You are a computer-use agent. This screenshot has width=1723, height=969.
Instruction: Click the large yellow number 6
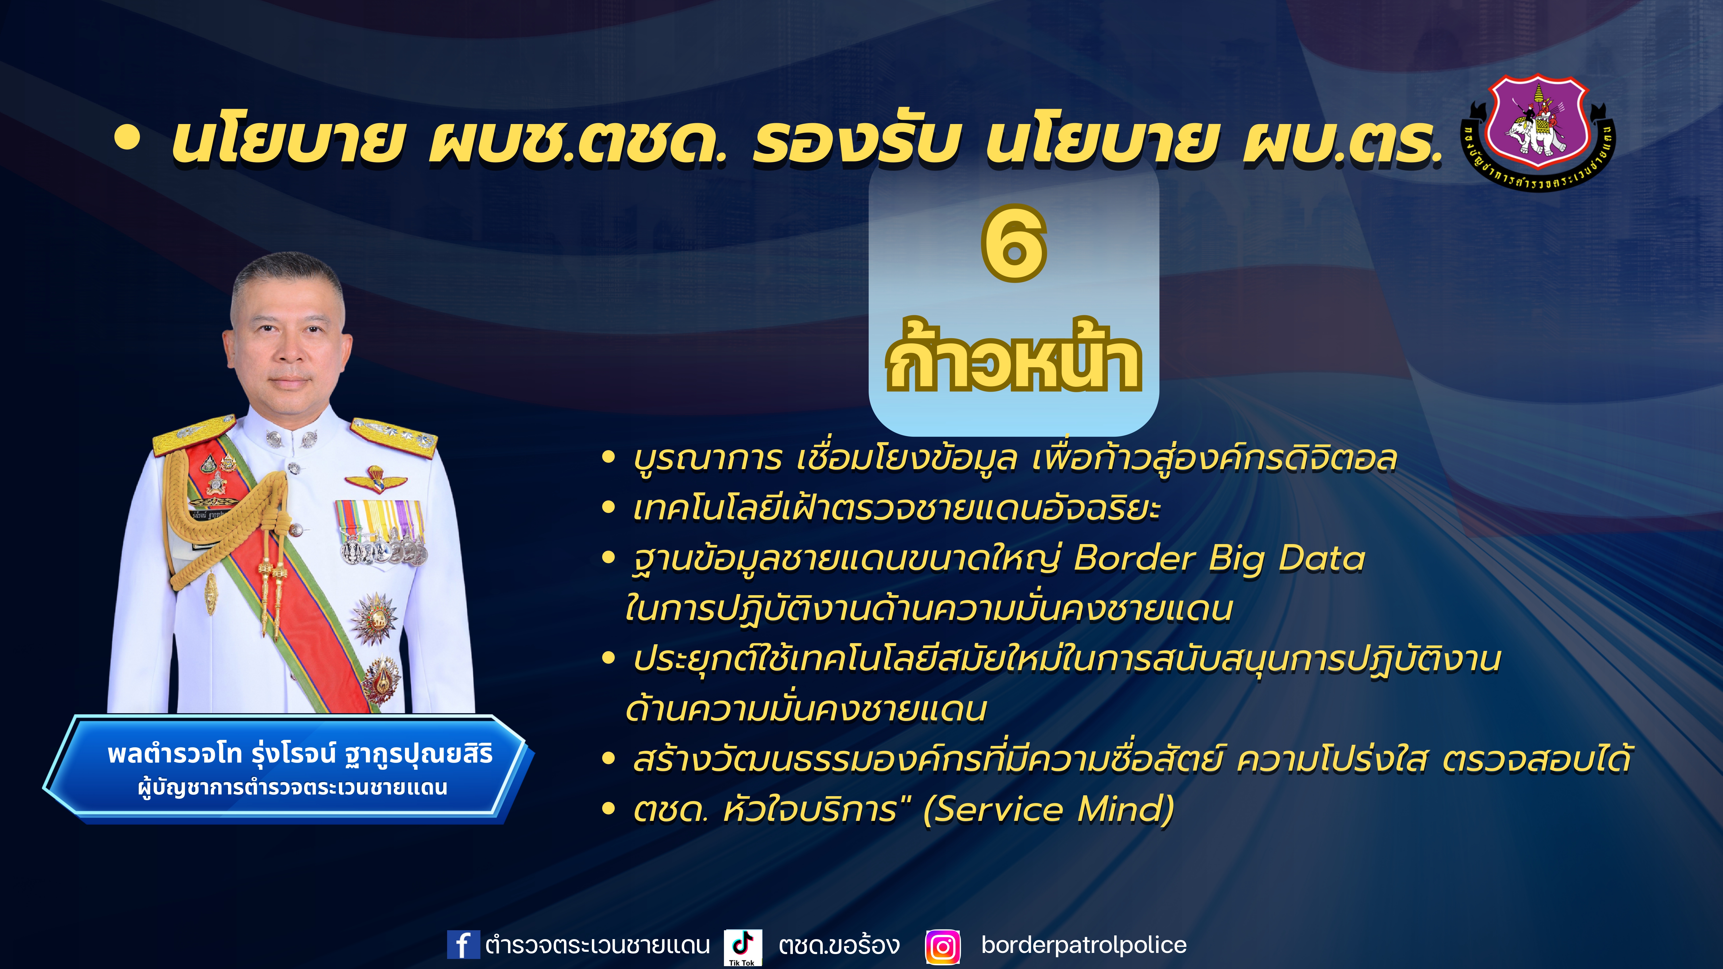click(x=1013, y=243)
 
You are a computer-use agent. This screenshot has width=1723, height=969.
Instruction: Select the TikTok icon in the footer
click(x=742, y=946)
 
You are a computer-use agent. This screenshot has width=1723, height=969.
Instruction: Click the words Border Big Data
click(x=1219, y=558)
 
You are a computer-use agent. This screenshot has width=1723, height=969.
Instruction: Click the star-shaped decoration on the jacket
click(x=374, y=619)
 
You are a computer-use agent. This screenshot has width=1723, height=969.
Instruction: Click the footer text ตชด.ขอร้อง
click(x=839, y=945)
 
